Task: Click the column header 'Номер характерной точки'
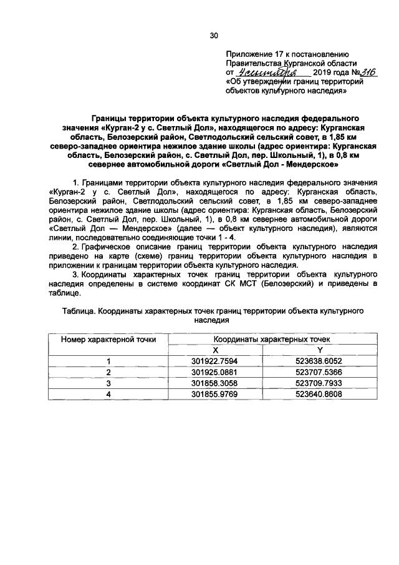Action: coord(108,339)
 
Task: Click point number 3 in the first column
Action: coord(108,383)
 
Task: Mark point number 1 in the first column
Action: coord(108,361)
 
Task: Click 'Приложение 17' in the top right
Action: coord(254,54)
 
